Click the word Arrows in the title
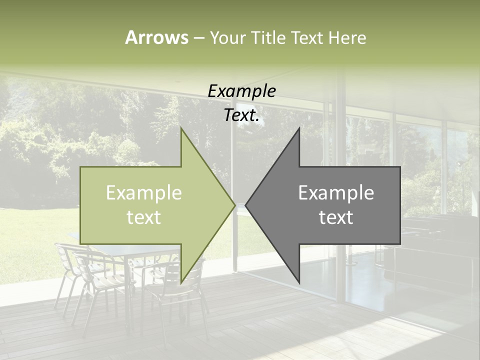click(156, 37)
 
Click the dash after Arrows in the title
click(198, 38)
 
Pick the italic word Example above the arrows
click(241, 91)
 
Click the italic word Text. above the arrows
click(241, 115)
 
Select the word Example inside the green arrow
click(144, 193)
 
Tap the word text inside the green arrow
click(144, 217)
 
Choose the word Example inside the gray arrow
click(336, 193)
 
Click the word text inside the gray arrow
click(336, 217)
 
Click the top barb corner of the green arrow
click(181, 128)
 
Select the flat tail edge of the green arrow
click(81, 205)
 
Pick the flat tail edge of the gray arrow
click(400, 205)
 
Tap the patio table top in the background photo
click(125, 250)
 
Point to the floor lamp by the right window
click(462, 185)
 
